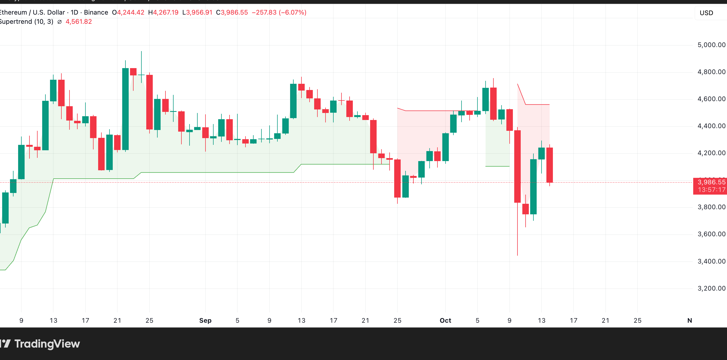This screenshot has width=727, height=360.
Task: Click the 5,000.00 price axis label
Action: [x=711, y=45]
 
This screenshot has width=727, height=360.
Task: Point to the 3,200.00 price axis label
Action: [x=711, y=288]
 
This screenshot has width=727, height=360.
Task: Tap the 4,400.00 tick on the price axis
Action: [x=711, y=126]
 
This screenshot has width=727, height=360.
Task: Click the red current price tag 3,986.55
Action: [x=711, y=182]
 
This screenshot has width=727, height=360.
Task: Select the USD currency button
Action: [x=706, y=13]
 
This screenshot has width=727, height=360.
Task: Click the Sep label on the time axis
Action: [x=205, y=321]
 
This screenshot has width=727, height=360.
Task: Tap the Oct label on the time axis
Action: [x=445, y=321]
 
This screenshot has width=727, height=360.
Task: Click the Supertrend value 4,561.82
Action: [x=79, y=22]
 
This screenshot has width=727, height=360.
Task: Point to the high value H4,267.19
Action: [x=163, y=12]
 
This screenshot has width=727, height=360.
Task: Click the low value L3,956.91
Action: [x=197, y=12]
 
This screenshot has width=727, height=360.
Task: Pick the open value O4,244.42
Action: [x=128, y=12]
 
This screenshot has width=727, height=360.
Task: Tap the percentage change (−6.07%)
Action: [x=292, y=12]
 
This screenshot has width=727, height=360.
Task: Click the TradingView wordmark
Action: [x=47, y=344]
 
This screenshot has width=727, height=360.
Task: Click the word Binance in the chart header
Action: [x=96, y=12]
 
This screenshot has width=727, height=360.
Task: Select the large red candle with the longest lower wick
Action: [x=517, y=166]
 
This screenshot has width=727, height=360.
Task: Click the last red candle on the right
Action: [x=549, y=165]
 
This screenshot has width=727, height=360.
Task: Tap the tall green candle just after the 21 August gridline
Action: [x=125, y=109]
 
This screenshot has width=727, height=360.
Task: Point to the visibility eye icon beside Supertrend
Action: [x=59, y=22]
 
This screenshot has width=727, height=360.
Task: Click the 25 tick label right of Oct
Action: [x=638, y=321]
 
